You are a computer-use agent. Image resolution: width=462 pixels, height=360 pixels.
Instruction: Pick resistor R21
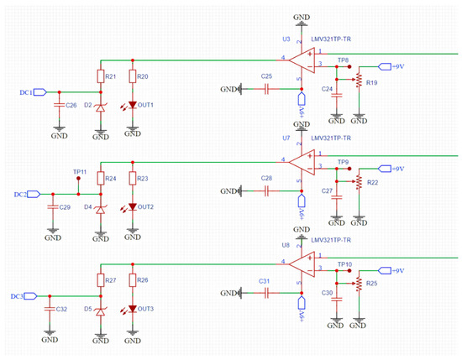click(x=100, y=76)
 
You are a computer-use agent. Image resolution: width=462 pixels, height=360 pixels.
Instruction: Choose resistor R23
click(x=133, y=178)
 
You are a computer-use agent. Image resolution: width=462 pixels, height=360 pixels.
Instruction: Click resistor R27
click(x=100, y=279)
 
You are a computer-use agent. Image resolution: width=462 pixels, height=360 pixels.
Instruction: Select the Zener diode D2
click(x=100, y=107)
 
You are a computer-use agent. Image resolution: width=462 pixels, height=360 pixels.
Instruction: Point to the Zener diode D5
click(x=100, y=311)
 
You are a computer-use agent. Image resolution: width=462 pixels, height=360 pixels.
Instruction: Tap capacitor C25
click(x=267, y=88)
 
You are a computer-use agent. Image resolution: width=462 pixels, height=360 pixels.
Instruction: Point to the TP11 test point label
click(x=79, y=171)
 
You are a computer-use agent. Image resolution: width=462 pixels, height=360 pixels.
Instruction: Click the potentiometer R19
click(x=360, y=81)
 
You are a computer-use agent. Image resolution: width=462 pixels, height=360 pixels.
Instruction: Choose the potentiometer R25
click(x=360, y=284)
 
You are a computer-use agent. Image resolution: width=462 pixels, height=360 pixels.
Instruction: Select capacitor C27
click(x=337, y=194)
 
